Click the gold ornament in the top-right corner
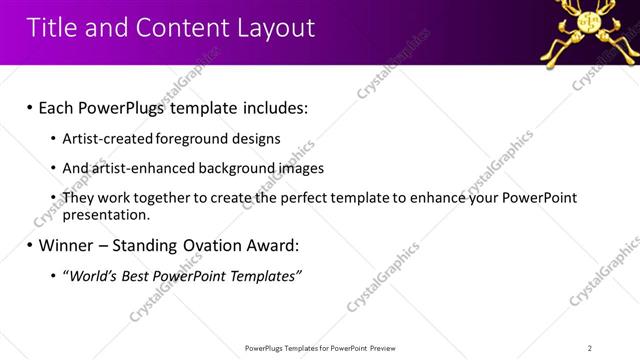point(587,30)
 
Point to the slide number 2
point(589,348)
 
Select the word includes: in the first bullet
point(271,106)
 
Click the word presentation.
point(105,214)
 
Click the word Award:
point(271,244)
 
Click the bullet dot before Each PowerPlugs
point(29,106)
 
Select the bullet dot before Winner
point(29,244)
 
